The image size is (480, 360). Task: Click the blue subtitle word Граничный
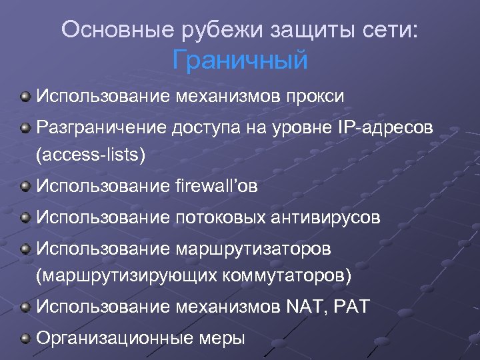point(240,60)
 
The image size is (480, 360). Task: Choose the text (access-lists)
point(91,155)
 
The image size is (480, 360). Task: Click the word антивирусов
point(335,217)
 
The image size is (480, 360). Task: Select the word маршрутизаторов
point(254,248)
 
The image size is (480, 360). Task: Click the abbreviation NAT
point(303,307)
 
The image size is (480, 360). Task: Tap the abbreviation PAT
point(350,307)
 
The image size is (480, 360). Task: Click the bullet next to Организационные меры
point(25,339)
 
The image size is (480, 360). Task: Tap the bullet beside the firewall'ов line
point(25,187)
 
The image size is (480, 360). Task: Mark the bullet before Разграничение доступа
point(25,127)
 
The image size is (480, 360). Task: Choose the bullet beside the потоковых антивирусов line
point(25,217)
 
